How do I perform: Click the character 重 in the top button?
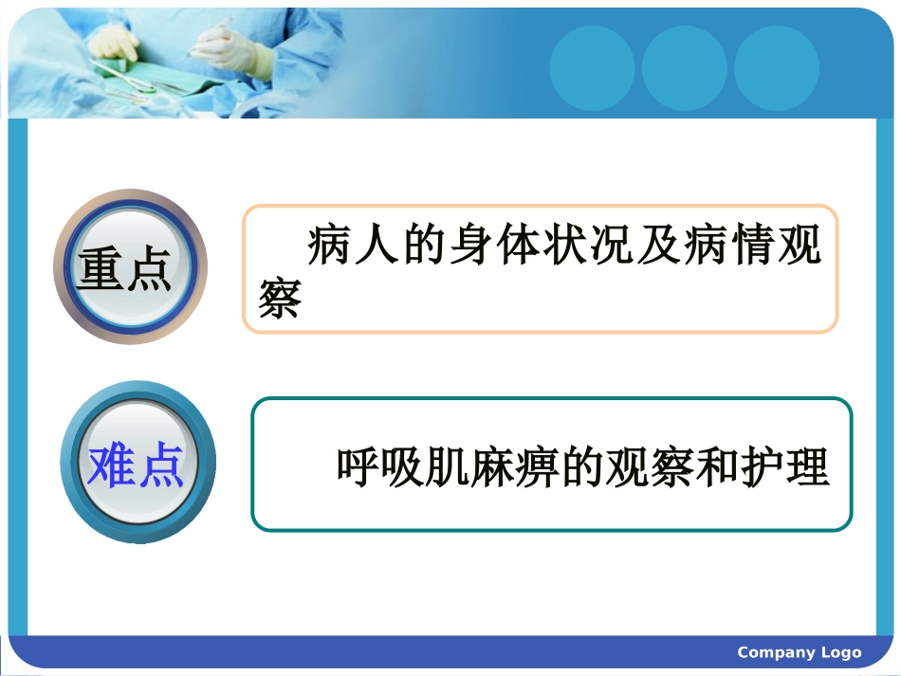pos(101,269)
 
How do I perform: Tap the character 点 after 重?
pos(149,269)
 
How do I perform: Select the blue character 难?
pos(110,466)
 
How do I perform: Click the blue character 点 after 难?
pos(159,466)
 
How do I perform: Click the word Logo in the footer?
pos(841,652)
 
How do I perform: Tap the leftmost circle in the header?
pos(592,68)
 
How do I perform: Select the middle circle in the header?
pos(684,68)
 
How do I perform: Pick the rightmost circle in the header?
pos(776,68)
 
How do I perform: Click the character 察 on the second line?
pos(279,298)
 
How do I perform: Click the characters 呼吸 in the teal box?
pos(381,466)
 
